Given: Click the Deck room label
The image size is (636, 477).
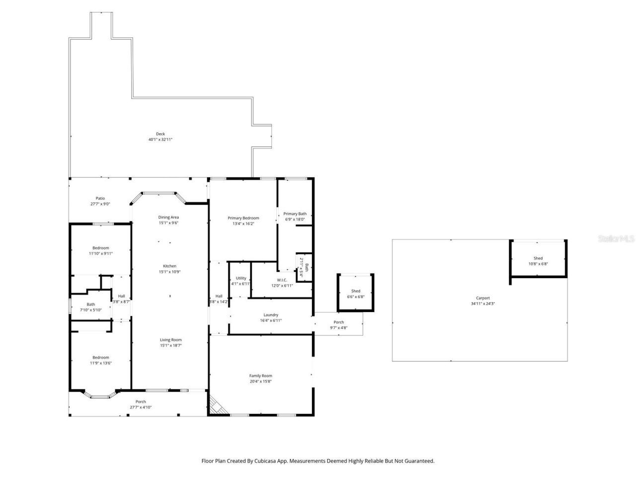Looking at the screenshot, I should click(x=160, y=134).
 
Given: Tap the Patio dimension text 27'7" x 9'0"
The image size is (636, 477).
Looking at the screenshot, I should click(x=100, y=204).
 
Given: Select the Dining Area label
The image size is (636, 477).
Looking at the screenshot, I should click(x=168, y=217).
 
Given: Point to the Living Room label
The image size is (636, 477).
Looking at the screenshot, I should click(x=170, y=340).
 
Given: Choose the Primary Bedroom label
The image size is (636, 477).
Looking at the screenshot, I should click(x=243, y=218).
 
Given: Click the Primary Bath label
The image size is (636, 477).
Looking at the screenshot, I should click(x=295, y=214).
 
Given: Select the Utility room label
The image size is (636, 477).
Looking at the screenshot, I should click(x=241, y=278).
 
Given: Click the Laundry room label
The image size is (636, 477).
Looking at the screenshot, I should click(x=271, y=315).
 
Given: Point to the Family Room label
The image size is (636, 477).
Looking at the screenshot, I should click(x=260, y=376).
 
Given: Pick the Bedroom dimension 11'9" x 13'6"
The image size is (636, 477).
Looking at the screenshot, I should click(x=100, y=363).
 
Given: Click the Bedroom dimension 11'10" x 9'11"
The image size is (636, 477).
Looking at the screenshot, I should click(x=101, y=253).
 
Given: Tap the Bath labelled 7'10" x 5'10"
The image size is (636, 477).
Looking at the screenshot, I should click(x=90, y=305).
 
